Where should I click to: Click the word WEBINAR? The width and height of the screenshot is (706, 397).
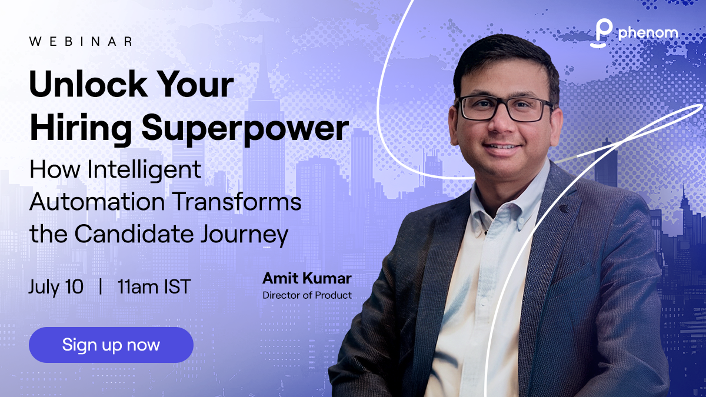tap(81, 41)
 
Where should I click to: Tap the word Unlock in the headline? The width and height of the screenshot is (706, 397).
tap(88, 84)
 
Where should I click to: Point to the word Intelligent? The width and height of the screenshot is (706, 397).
tap(144, 170)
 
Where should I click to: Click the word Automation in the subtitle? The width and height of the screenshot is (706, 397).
tap(97, 202)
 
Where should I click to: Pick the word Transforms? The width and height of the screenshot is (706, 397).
tap(237, 202)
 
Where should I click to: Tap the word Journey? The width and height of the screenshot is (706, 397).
tap(244, 235)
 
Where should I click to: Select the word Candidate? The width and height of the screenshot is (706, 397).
tap(134, 234)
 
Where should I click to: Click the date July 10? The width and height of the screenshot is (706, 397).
tap(56, 287)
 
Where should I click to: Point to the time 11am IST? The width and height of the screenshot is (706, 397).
tap(154, 287)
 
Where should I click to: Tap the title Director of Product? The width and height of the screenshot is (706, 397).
tap(307, 295)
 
